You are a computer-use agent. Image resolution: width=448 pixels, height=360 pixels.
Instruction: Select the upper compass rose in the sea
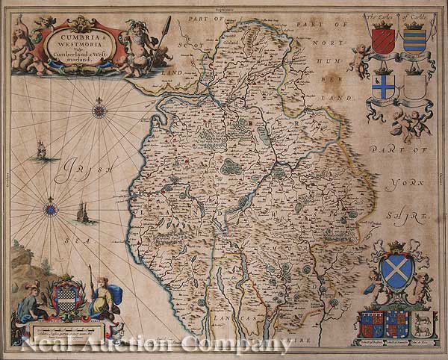click(x=99, y=111)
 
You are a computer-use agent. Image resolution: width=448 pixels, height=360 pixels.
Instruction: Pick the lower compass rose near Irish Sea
click(x=51, y=208)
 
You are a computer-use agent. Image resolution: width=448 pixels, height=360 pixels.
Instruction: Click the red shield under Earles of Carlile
click(x=383, y=40)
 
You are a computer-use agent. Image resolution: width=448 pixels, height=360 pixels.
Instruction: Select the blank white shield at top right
click(x=413, y=90)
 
